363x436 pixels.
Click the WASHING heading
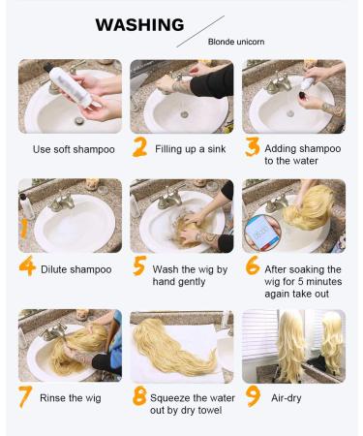pos(139,25)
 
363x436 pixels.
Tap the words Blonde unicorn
pos(236,42)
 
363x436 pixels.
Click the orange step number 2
pos(139,147)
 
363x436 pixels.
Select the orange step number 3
pos(252,147)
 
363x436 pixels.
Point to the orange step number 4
pos(27,265)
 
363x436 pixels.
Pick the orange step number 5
pos(139,265)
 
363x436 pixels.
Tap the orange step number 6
pos(253,265)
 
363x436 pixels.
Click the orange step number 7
pos(25,396)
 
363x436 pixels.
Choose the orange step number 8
pos(139,396)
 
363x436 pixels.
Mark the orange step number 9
pos(253,396)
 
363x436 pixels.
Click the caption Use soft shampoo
pos(74,149)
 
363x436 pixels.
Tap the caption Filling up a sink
pos(191,149)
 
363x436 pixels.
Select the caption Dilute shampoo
pos(76,269)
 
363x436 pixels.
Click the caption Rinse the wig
pos(71,398)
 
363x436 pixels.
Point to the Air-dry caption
pos(287,398)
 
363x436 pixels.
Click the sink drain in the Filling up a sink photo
pos(184,114)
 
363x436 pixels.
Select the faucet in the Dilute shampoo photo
pos(62,202)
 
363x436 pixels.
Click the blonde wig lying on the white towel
pos(174,347)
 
